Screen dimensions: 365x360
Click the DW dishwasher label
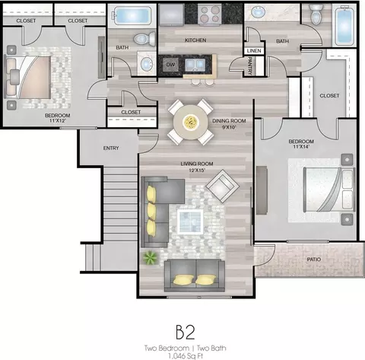click(x=170, y=65)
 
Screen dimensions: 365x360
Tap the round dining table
click(x=190, y=123)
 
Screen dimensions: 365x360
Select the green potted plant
click(x=150, y=258)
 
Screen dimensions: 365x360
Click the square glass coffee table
click(x=190, y=221)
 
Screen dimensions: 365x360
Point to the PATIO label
click(x=314, y=260)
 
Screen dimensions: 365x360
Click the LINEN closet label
click(x=254, y=51)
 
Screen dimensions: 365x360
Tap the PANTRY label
click(x=249, y=65)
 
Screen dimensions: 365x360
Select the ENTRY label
click(x=111, y=148)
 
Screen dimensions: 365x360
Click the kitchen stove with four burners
click(x=209, y=14)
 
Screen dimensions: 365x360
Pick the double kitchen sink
click(x=195, y=65)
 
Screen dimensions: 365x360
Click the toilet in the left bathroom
click(x=144, y=39)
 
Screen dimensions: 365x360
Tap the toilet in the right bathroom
click(x=316, y=15)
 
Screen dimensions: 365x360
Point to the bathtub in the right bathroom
click(x=344, y=25)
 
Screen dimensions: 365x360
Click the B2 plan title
click(x=186, y=333)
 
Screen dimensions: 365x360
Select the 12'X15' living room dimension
click(x=196, y=170)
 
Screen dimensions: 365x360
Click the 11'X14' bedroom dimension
click(x=301, y=147)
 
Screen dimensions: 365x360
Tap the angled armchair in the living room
click(x=223, y=186)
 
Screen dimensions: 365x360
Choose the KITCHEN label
click(x=195, y=40)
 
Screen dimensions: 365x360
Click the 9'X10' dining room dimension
click(x=229, y=127)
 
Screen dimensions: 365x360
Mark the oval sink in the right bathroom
click(x=259, y=11)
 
